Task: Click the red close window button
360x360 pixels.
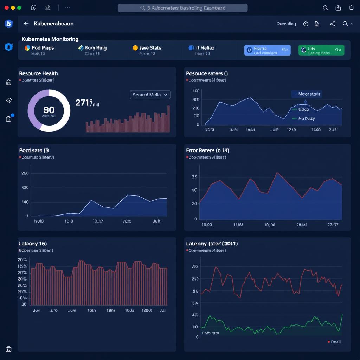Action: tap(6, 8)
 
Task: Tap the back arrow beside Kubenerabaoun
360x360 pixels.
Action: tap(26, 24)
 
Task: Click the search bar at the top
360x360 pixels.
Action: tap(182, 8)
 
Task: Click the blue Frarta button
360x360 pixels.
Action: tap(267, 50)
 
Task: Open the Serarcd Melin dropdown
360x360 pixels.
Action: tap(150, 95)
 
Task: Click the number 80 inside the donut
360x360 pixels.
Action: tap(49, 110)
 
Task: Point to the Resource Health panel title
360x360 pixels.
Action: tap(38, 73)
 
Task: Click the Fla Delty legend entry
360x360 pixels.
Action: tap(306, 118)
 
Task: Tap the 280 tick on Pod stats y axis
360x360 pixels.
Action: tap(25, 173)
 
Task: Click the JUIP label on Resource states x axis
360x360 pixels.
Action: tap(274, 130)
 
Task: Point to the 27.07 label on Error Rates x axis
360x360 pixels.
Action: tap(333, 224)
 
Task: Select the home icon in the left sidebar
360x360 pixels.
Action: tap(9, 82)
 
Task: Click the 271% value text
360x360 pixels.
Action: tap(87, 103)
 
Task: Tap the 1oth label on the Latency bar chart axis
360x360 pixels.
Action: tap(91, 311)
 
